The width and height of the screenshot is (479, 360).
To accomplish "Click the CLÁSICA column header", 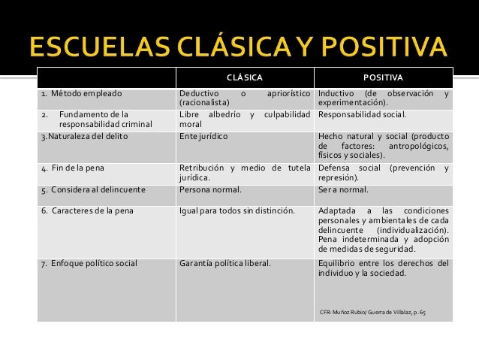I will [x=245, y=77].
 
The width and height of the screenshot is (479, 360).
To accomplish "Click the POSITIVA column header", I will [x=384, y=77].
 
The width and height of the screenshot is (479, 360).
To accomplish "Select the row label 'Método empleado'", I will [x=83, y=95].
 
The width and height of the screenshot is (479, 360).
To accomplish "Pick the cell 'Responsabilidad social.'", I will [x=362, y=116].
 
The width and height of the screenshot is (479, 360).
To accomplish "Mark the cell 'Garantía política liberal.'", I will [x=226, y=263].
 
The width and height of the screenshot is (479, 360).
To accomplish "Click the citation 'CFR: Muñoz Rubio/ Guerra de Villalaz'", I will [x=372, y=311].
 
